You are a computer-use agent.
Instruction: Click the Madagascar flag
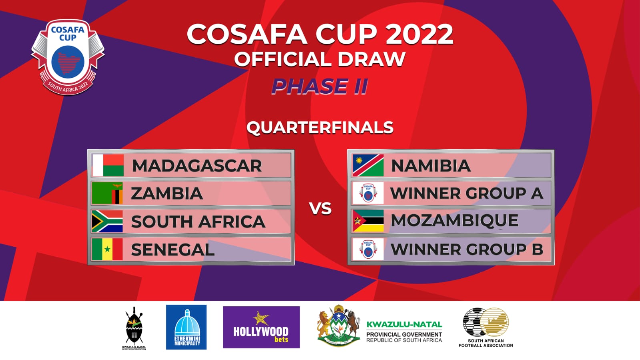click(x=108, y=165)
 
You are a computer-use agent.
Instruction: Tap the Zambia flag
click(x=107, y=193)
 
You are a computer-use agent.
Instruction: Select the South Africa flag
click(x=107, y=221)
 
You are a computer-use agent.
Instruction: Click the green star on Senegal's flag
click(x=107, y=249)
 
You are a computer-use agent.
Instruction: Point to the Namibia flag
click(x=368, y=165)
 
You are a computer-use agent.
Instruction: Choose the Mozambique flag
click(x=368, y=221)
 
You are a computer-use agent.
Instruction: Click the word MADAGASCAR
click(x=197, y=166)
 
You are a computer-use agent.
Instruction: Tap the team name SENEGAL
click(x=173, y=250)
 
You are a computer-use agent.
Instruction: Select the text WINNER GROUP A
click(x=467, y=193)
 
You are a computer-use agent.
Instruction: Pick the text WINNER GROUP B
click(x=467, y=249)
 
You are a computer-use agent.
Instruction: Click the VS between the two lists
click(x=320, y=209)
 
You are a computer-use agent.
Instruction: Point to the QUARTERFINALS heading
click(x=320, y=127)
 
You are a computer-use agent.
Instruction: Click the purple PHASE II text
click(x=319, y=86)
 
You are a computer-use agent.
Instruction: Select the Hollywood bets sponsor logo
click(x=261, y=327)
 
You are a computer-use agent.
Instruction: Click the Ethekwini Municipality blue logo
click(x=187, y=327)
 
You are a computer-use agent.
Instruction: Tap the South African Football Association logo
click(x=486, y=326)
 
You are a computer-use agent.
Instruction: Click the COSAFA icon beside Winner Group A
click(x=368, y=193)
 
